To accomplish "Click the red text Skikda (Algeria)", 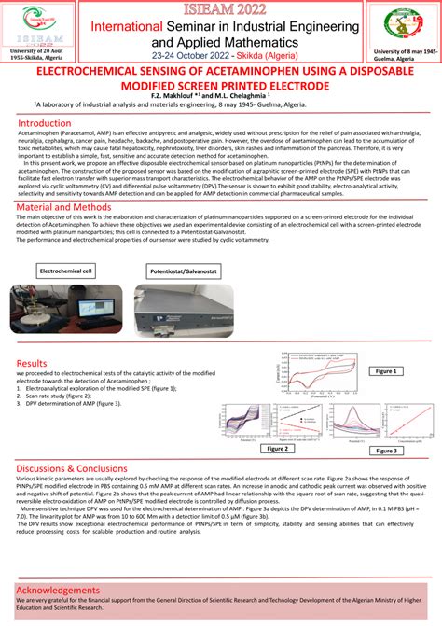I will point(271,56).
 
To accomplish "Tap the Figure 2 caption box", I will point(276,448).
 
